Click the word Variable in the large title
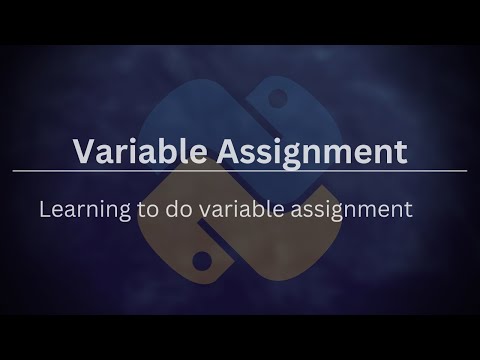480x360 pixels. [x=140, y=150]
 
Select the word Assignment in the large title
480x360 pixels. [x=312, y=152]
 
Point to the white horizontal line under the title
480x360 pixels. [x=240, y=171]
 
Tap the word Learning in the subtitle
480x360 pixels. [x=85, y=210]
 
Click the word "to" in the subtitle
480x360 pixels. [x=148, y=210]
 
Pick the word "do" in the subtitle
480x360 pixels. [x=179, y=209]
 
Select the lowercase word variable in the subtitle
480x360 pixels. [x=242, y=209]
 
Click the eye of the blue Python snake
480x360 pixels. [x=277, y=98]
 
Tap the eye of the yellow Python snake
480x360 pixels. [x=202, y=261]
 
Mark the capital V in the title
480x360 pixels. [x=86, y=151]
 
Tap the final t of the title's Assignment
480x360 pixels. [x=401, y=153]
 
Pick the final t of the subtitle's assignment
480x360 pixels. [x=408, y=211]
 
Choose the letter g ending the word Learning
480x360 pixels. [x=125, y=213]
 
